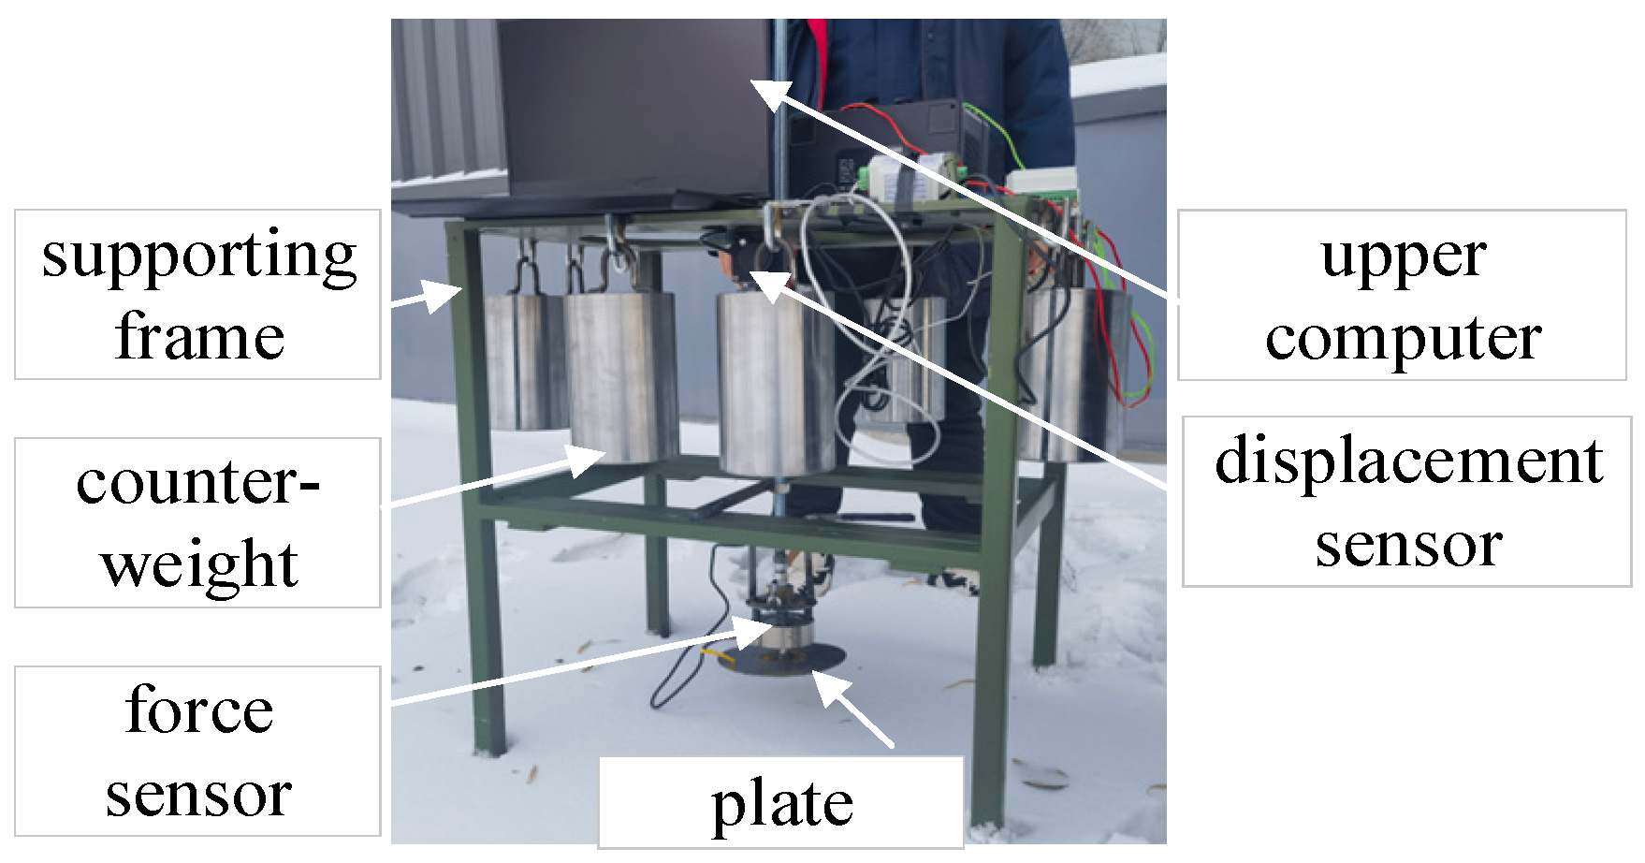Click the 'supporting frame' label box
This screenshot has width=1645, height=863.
click(x=197, y=294)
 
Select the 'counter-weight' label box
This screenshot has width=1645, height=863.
click(x=197, y=522)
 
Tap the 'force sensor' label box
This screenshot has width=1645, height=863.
click(x=197, y=751)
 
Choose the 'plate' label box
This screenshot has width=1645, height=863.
click(x=781, y=802)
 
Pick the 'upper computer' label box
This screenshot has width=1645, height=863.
click(x=1401, y=295)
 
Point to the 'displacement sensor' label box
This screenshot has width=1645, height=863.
click(x=1406, y=502)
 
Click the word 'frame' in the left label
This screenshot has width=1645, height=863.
click(x=199, y=337)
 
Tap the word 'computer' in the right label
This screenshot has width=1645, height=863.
click(x=1403, y=337)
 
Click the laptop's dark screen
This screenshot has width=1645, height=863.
click(x=636, y=103)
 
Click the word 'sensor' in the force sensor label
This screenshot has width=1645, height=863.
click(x=197, y=794)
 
